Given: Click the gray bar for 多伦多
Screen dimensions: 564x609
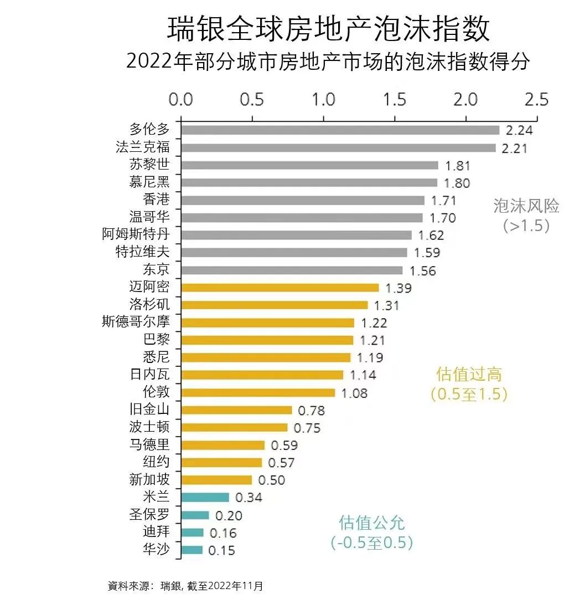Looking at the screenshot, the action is click(340, 130).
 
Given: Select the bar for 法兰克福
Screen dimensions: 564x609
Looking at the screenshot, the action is click(338, 147).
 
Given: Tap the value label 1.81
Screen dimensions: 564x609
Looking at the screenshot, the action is click(458, 165).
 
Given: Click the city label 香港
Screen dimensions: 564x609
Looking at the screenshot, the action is click(156, 199).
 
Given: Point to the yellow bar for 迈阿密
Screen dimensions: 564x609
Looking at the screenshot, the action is click(280, 288).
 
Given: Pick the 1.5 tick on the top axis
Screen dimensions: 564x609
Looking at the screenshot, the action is click(394, 100).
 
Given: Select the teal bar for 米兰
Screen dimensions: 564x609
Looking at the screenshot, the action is click(205, 497).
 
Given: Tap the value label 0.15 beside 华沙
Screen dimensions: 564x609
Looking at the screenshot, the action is click(221, 550).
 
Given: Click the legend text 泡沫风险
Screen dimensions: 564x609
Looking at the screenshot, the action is click(526, 206).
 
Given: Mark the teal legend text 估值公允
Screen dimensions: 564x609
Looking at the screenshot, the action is click(372, 523).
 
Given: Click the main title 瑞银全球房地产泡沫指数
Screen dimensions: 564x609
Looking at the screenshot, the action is click(329, 29).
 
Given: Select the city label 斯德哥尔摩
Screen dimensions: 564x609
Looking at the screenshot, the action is click(136, 321).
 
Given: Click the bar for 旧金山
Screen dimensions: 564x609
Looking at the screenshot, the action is click(236, 410).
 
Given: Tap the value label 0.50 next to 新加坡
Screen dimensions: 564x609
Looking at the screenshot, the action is click(271, 480).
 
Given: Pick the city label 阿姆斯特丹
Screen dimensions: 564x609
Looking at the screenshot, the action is click(136, 234).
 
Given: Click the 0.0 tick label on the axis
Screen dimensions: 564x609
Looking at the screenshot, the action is click(180, 100).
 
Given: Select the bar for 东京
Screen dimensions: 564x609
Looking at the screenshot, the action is click(292, 270).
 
